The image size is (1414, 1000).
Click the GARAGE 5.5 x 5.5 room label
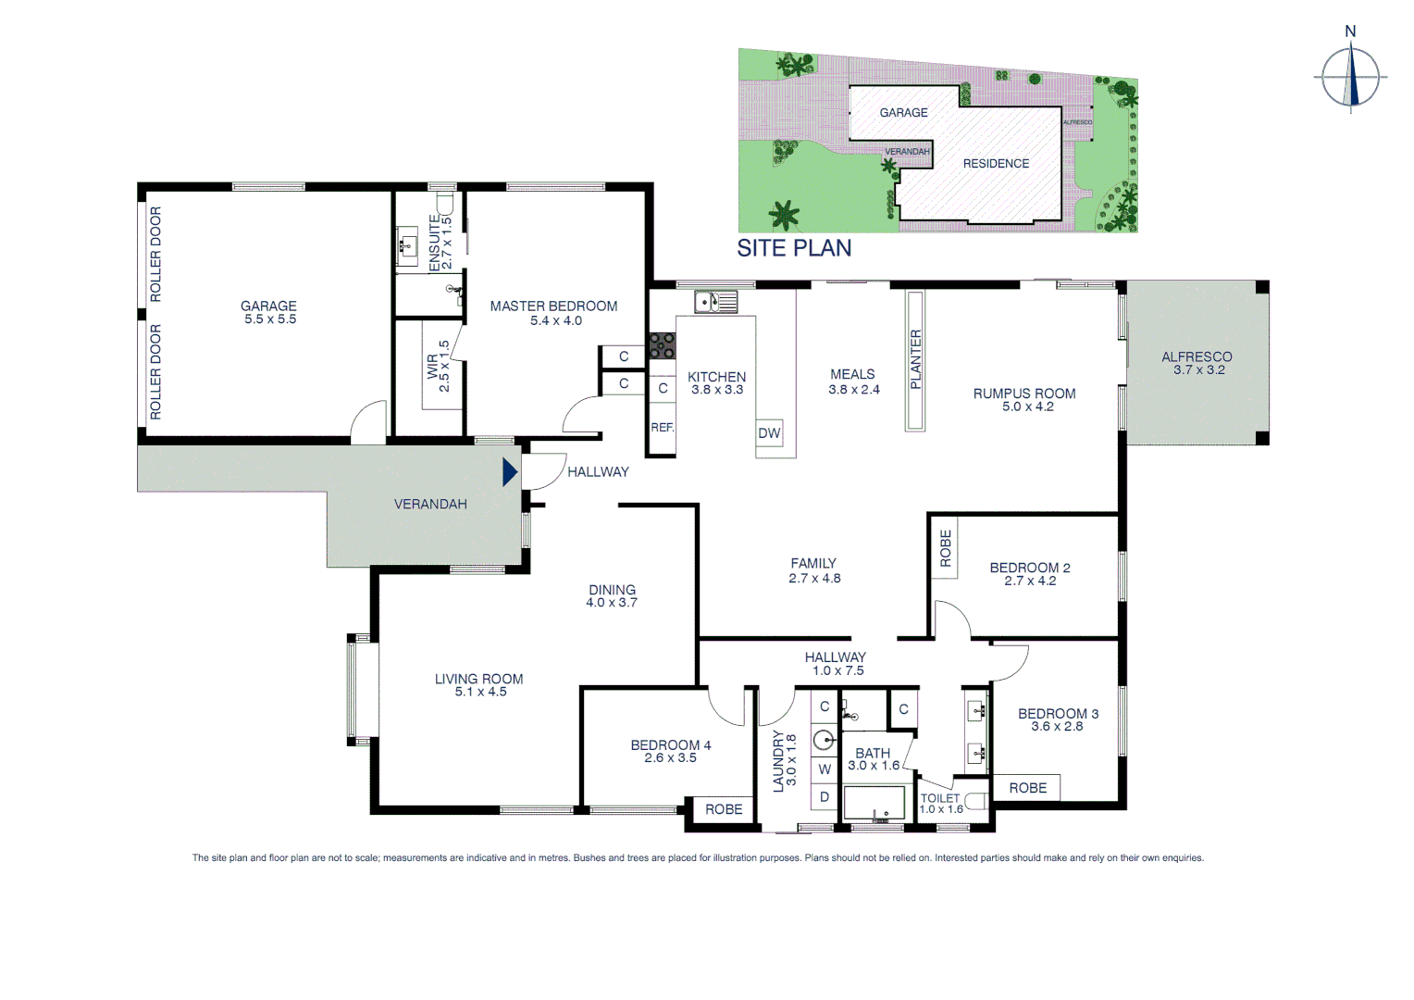pos(269,312)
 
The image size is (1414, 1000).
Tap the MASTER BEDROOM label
pos(553,312)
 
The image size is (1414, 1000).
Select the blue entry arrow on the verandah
pos(509,472)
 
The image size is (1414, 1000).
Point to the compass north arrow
pos(1351,77)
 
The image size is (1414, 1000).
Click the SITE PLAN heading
pos(794,248)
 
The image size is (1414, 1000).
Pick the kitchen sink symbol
pos(715,302)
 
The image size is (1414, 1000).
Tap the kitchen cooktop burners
pos(662,345)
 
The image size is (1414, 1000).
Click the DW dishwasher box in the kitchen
pos(769,433)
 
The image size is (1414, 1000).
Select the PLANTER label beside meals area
pos(915,359)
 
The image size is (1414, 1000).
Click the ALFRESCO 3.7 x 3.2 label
pos(1197,362)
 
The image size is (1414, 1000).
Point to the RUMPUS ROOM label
pos(1024,399)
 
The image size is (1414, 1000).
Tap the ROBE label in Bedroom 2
pos(945,548)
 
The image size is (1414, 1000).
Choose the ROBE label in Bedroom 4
pos(724,809)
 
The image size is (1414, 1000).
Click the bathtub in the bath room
pos(874,803)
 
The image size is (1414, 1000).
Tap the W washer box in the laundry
pos(825,769)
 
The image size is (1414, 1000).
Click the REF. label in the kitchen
pos(662,428)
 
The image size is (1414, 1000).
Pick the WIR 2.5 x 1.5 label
pos(438,367)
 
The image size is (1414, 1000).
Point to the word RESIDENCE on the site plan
pos(996,164)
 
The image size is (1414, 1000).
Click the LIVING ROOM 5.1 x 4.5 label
pos(479,685)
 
